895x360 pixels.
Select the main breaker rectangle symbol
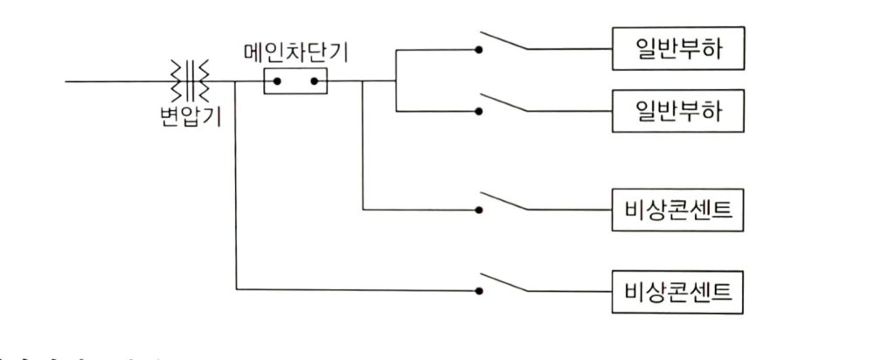tap(295, 83)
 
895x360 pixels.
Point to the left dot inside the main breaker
tap(277, 83)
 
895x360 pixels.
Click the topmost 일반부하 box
tap(679, 50)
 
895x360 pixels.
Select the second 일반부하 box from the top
tap(679, 110)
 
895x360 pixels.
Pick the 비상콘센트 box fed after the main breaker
tap(679, 210)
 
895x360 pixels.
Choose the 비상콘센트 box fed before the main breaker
tap(679, 287)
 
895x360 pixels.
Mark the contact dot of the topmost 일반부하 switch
tap(478, 50)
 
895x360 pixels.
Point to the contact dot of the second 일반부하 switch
tap(478, 111)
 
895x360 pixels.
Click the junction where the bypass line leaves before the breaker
tap(236, 83)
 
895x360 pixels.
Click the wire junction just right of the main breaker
tap(363, 83)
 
